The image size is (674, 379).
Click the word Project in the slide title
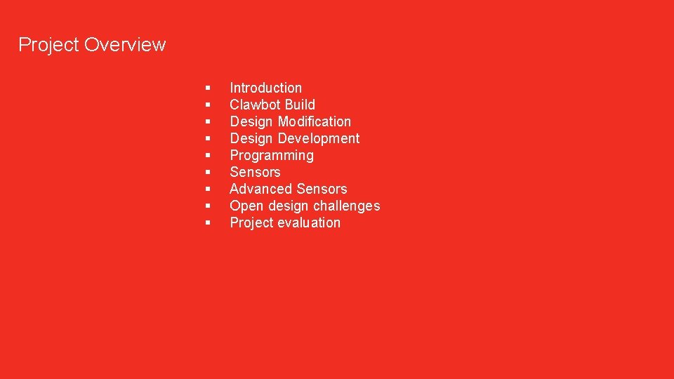48,45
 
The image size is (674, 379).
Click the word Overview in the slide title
124,45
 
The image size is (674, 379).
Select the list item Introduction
265,88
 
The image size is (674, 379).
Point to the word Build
300,105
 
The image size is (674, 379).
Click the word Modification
315,121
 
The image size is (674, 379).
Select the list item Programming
272,155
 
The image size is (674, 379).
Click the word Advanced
260,189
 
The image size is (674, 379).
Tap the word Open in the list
246,206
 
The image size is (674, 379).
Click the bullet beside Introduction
209,88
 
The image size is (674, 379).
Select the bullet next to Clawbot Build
209,105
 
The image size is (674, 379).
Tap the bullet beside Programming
209,156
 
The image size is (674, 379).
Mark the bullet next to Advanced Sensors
209,189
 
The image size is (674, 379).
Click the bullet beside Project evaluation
209,223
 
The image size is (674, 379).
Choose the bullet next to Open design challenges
209,206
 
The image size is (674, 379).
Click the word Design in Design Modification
251,121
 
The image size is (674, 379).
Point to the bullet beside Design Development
209,139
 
